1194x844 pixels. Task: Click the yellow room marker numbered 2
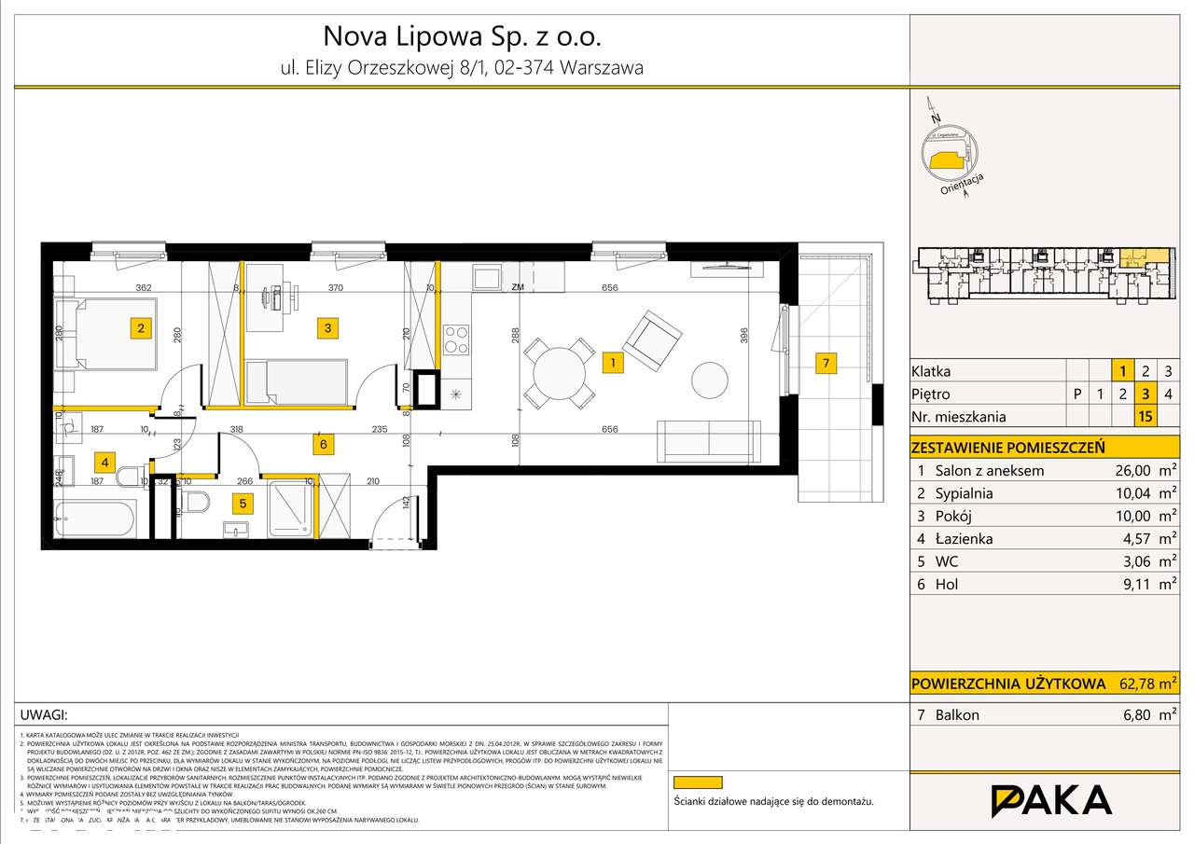point(140,327)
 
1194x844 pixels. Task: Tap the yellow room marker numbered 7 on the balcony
point(825,364)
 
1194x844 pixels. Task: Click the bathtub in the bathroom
point(96,519)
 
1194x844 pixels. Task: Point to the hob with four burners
point(455,339)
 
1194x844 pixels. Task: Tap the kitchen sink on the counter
point(488,278)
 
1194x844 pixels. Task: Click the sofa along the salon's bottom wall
point(708,440)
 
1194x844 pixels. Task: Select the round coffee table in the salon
point(710,381)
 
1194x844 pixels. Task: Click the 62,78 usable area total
point(1139,683)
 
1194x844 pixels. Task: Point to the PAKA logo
point(1050,800)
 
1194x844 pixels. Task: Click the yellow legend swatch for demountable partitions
point(697,783)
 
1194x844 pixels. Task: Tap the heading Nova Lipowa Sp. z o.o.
point(462,36)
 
